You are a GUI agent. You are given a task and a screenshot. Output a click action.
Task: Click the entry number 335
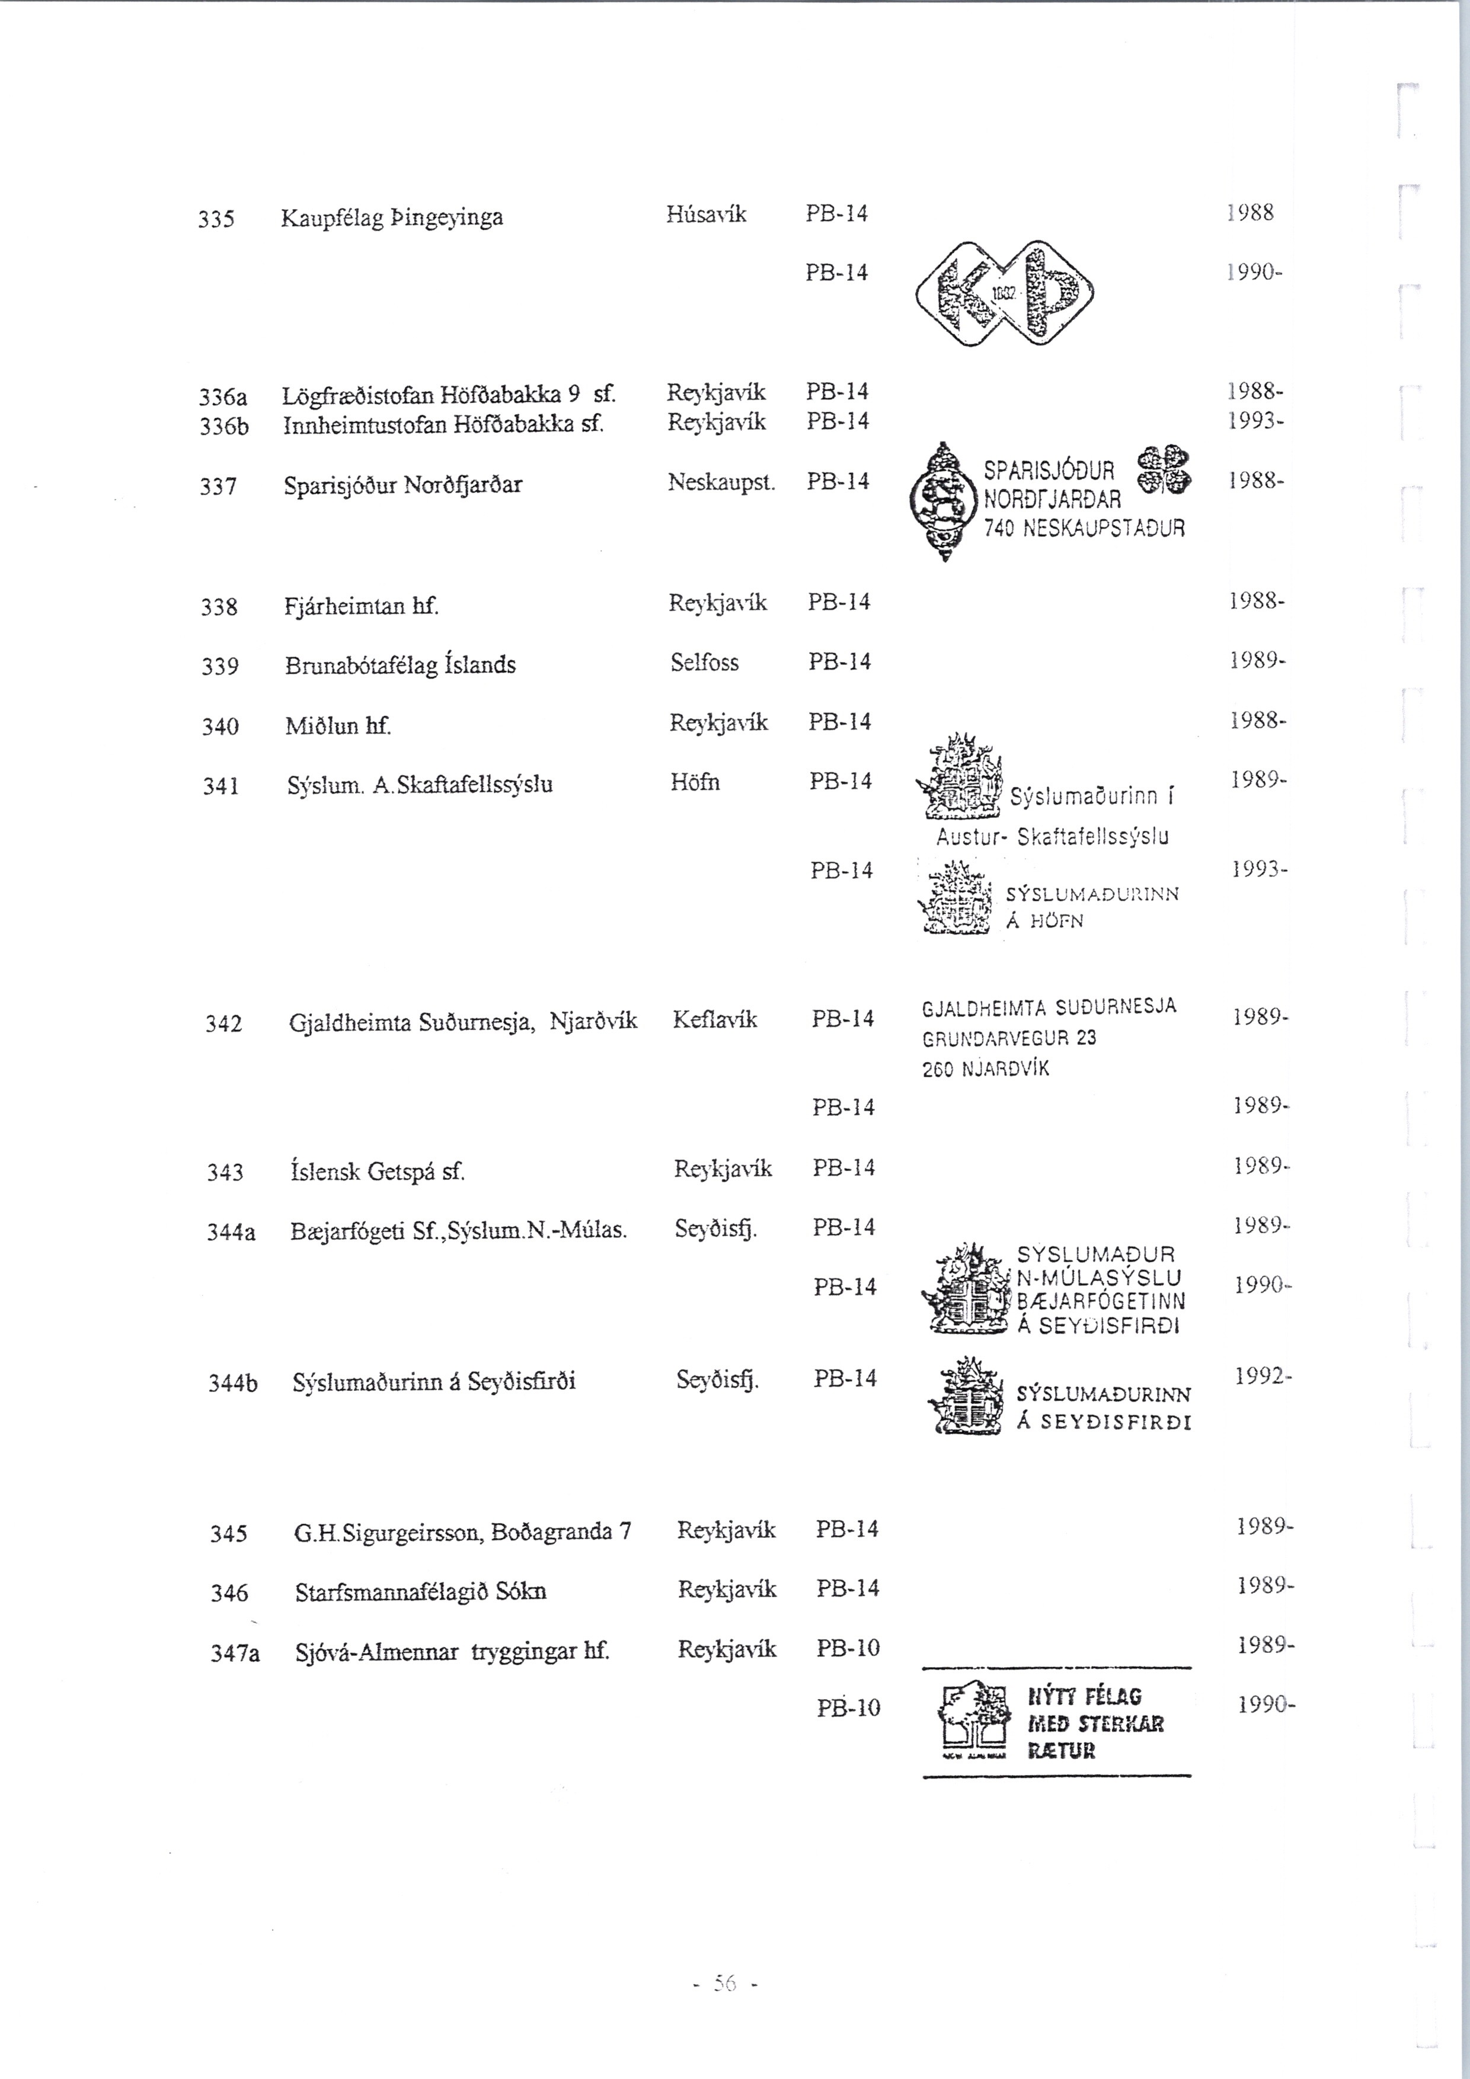pyautogui.click(x=216, y=219)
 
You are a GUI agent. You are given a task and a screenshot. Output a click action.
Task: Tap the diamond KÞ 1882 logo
pyautogui.click(x=1005, y=293)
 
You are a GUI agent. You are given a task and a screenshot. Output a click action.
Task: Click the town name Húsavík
pyautogui.click(x=707, y=214)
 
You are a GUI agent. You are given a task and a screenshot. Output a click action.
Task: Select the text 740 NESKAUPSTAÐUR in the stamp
pyautogui.click(x=1084, y=528)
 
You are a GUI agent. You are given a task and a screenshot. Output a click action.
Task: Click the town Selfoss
pyautogui.click(x=705, y=663)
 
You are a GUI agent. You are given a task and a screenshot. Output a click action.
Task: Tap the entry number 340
pyautogui.click(x=220, y=726)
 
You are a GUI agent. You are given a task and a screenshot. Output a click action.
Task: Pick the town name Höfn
pyautogui.click(x=695, y=782)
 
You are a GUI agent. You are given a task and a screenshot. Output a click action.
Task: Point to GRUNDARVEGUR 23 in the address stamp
pyautogui.click(x=1009, y=1038)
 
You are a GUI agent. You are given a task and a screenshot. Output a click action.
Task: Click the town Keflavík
pyautogui.click(x=715, y=1019)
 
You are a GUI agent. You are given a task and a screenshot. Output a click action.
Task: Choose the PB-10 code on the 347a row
pyautogui.click(x=848, y=1648)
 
